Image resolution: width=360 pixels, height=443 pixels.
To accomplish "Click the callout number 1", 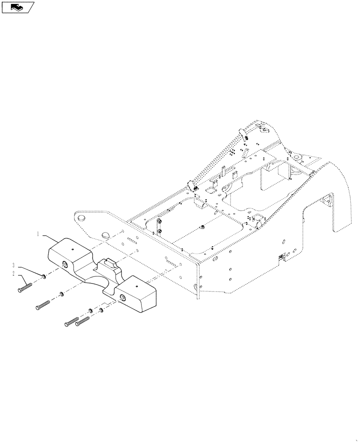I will point(39,233).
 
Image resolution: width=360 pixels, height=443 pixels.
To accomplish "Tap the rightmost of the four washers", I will point(101,310).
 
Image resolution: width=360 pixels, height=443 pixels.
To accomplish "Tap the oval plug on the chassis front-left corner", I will point(80,218).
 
